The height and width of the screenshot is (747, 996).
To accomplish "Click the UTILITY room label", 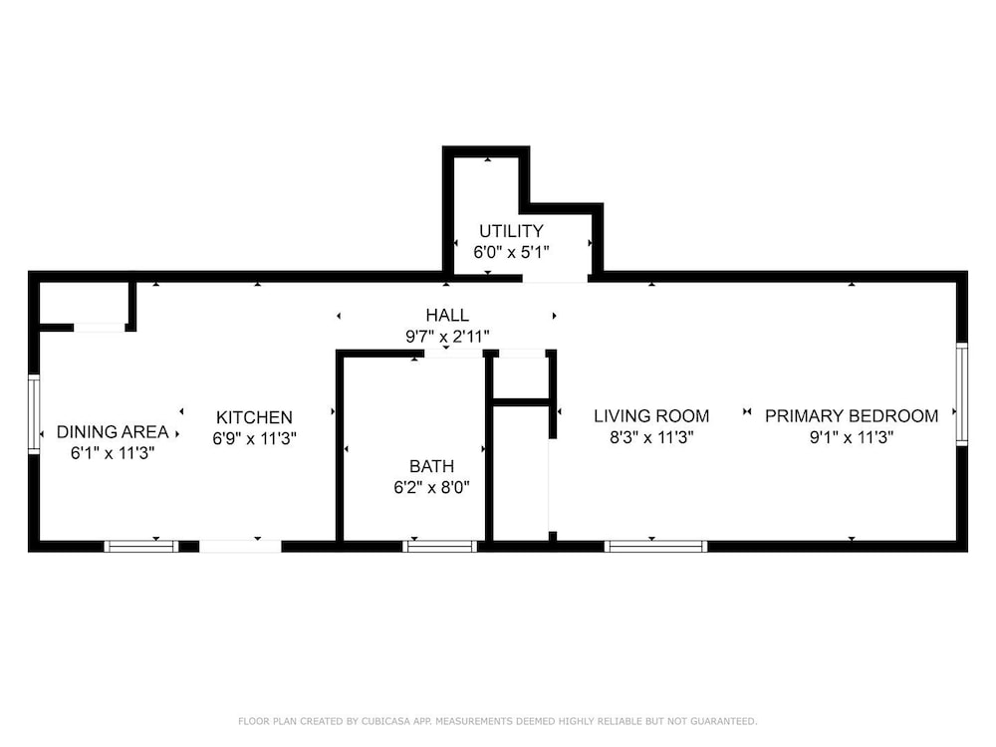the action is click(511, 231).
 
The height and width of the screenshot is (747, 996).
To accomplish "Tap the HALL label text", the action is click(447, 315).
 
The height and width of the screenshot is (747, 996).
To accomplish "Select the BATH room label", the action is click(432, 466).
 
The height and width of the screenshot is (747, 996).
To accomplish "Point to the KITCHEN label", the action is click(254, 417).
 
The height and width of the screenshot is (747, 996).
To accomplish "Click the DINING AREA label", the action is click(113, 432).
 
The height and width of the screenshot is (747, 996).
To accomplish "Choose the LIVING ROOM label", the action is click(651, 416).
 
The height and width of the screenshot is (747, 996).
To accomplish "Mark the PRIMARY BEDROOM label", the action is click(852, 416).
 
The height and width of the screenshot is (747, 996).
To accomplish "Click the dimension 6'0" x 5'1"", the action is click(511, 252).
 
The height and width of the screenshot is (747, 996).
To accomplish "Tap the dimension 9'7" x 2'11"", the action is click(447, 337).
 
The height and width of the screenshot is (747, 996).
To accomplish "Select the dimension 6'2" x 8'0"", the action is click(432, 488).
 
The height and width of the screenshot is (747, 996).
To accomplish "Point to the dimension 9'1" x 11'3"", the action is click(852, 437).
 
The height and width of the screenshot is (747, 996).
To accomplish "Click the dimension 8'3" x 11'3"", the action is click(651, 437).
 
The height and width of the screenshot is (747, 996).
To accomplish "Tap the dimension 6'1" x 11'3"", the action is click(113, 453).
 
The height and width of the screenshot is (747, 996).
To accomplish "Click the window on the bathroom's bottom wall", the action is click(439, 546).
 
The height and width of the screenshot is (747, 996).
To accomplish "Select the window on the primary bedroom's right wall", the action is click(962, 393).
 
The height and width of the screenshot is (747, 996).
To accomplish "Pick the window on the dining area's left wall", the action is click(34, 413).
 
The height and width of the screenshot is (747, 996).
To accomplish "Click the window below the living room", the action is click(655, 546).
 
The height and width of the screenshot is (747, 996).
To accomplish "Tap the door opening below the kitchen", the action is click(240, 546).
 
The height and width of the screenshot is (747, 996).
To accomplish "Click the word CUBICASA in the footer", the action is click(386, 721).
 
